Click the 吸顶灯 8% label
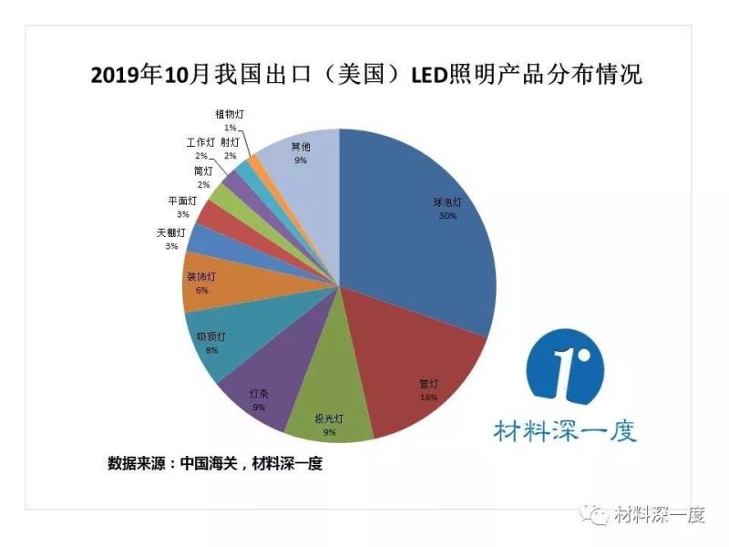211,342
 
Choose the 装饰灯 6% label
201,283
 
